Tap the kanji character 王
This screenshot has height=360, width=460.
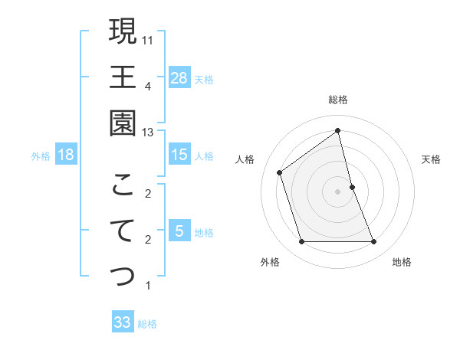tap(123, 77)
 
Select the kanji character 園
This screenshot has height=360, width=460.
tap(123, 123)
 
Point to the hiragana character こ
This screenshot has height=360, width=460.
tap(123, 185)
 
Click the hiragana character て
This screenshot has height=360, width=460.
tap(123, 231)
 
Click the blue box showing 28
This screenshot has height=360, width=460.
tap(179, 77)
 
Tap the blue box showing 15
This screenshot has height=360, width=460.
tap(179, 155)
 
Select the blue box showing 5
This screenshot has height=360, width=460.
tap(179, 231)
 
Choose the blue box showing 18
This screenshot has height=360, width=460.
tap(66, 155)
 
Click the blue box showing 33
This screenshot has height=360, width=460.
tap(123, 322)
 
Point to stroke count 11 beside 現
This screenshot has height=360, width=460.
tap(148, 39)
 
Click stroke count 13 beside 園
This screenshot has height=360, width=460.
tap(148, 133)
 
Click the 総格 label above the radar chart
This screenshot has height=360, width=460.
tap(338, 100)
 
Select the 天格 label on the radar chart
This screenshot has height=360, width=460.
tap(432, 159)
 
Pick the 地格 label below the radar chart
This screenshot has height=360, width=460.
tap(402, 262)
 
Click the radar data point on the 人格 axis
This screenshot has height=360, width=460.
tap(280, 172)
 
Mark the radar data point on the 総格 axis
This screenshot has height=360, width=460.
tap(338, 131)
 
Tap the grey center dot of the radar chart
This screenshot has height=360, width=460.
tap(338, 191)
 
